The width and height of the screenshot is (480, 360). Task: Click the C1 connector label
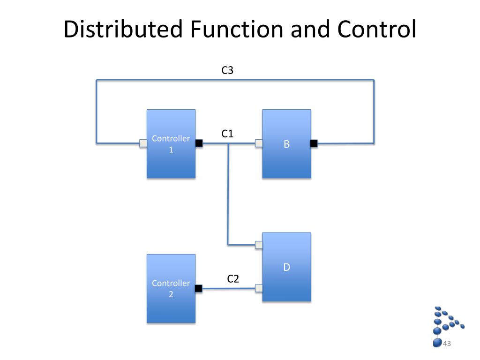pos(227,134)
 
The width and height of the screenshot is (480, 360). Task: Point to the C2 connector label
pos(233,279)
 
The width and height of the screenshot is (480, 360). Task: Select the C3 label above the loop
pos(227,70)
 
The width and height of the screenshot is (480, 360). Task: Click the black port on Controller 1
pos(199,143)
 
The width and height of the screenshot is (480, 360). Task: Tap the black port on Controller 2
pos(198,288)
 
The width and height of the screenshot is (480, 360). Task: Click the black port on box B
pos(314,143)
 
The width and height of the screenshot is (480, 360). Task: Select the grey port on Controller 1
pos(143,143)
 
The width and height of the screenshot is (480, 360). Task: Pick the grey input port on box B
pos(259,143)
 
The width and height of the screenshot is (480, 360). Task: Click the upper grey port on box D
pos(259,244)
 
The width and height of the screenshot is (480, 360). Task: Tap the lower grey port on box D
pos(259,288)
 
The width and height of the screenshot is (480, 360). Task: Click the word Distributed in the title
pos(123,29)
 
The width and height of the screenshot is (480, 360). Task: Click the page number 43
pos(447,344)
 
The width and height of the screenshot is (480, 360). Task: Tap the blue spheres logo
pos(446,323)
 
